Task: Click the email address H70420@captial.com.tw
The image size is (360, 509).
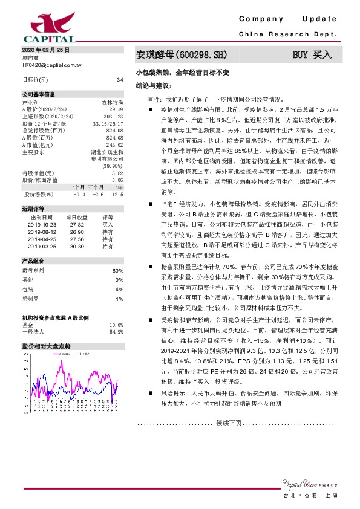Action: (51, 63)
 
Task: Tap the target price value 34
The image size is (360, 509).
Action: (119, 79)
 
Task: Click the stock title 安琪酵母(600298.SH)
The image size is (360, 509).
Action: (181, 54)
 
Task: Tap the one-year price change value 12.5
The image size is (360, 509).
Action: (118, 195)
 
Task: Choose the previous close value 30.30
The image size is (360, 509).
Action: (77, 247)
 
